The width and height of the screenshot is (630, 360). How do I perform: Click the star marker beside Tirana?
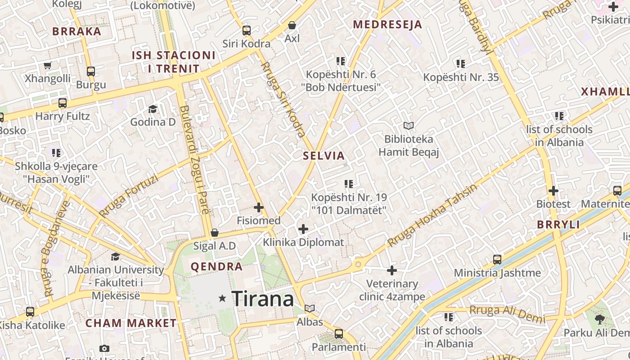222,298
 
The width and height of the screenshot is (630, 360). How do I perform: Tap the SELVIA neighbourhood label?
324,156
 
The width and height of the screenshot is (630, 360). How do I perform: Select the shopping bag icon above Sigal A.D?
215,233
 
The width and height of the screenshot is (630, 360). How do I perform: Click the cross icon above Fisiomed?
258,207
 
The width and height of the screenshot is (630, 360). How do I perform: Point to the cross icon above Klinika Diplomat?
303,229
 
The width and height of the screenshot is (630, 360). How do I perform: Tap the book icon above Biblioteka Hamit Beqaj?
408,126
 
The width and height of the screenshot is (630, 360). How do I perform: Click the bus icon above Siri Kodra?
246,31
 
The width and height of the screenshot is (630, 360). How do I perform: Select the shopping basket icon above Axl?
292,25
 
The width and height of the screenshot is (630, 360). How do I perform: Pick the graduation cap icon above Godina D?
153,109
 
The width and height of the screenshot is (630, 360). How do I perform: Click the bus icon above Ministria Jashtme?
497,260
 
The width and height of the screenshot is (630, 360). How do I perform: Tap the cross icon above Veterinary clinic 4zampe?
392,270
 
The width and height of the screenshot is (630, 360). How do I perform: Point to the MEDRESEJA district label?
387,25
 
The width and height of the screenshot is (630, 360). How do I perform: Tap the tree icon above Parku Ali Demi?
599,319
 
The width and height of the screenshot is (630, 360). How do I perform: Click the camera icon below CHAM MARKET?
104,349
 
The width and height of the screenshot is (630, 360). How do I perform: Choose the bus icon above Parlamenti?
338,334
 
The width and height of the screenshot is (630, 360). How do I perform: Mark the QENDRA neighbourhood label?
216,266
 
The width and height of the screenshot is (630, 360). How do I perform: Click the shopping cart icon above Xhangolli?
47,65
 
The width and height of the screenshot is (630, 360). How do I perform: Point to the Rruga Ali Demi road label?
507,313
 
